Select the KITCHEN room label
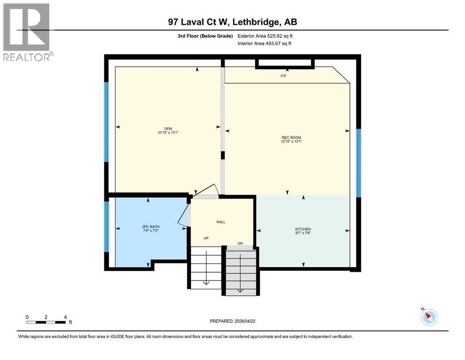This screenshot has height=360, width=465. (303, 229)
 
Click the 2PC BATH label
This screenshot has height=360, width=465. (148, 227)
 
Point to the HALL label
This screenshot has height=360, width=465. (221, 222)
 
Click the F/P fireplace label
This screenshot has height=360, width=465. (283, 76)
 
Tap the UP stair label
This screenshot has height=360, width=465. (206, 238)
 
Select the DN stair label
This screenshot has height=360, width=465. (240, 243)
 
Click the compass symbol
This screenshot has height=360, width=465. (428, 317)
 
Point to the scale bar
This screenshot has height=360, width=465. (46, 322)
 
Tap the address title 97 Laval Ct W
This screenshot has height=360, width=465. (232, 22)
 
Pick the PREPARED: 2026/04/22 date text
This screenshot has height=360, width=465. (232, 321)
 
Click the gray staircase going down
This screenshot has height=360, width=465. (241, 272)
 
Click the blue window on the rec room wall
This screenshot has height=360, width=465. (359, 163)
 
